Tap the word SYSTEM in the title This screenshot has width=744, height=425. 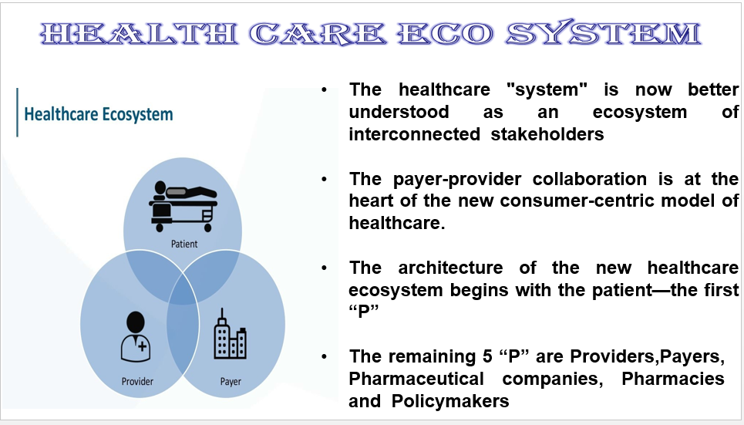click(604, 33)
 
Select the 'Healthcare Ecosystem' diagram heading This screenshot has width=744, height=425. click(99, 114)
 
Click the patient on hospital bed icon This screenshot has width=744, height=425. click(183, 206)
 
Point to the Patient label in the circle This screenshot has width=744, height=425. click(184, 244)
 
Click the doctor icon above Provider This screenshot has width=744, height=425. click(136, 336)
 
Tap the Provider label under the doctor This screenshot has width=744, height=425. click(137, 381)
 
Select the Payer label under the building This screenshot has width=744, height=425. click(231, 381)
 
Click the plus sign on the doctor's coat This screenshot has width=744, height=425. click(143, 346)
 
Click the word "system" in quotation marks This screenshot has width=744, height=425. click(547, 89)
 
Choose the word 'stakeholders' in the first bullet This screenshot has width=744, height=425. click(547, 134)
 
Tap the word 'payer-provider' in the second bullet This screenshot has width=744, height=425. click(457, 180)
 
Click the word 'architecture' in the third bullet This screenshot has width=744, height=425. click(450, 268)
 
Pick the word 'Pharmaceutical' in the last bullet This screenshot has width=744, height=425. click(416, 379)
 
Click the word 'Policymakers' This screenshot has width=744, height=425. click(450, 401)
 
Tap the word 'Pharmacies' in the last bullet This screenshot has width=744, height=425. click(673, 379)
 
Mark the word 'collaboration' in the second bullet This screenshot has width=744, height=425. click(589, 179)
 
